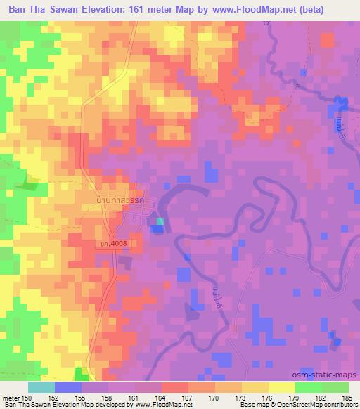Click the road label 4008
click(113, 243)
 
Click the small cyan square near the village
click(160, 222)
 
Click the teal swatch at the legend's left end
click(41, 387)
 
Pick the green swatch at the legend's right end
click(335, 387)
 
